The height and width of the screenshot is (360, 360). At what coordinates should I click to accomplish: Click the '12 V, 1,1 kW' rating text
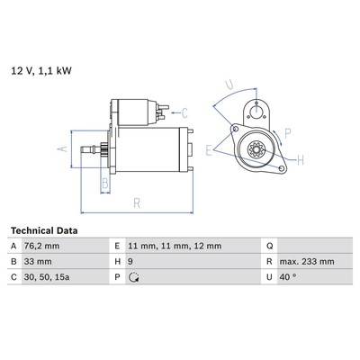41,71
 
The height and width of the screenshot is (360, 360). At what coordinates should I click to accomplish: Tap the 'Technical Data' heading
44,230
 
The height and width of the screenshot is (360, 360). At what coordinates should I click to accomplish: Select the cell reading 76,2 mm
65,246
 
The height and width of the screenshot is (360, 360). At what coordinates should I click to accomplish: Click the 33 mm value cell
65,262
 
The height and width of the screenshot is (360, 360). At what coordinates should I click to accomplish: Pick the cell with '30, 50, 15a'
65,277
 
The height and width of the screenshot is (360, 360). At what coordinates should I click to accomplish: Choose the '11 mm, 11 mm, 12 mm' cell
193,246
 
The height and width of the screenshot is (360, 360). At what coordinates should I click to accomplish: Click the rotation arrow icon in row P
133,277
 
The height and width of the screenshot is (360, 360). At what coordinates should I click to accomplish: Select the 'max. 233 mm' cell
315,262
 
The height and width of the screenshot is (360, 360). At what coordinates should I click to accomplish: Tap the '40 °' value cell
315,277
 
